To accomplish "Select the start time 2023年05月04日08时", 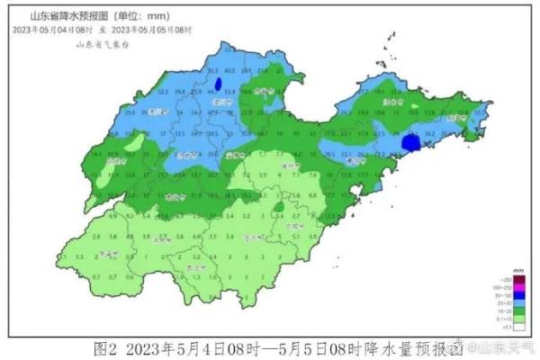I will click(54, 29).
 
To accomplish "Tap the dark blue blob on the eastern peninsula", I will click(410, 142).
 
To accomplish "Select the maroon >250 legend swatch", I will click(505, 281).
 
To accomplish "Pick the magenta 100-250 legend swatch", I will click(505, 289).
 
